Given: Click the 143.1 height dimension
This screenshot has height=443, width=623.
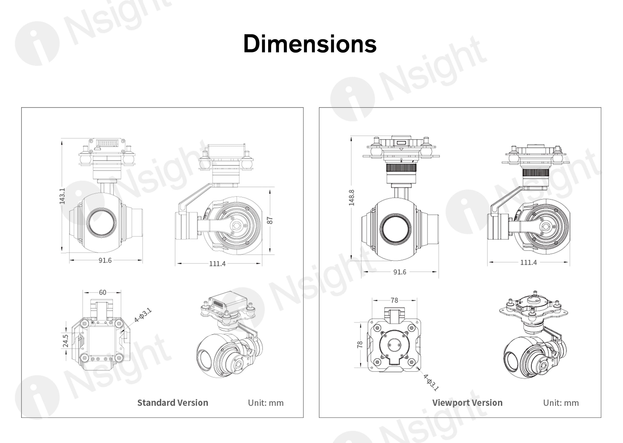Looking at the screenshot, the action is pyautogui.click(x=62, y=196).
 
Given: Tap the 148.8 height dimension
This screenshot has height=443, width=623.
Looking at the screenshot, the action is pyautogui.click(x=351, y=198).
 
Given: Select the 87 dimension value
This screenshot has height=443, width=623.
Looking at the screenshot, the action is pyautogui.click(x=270, y=220).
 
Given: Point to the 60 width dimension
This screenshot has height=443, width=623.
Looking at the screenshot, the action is pyautogui.click(x=102, y=293).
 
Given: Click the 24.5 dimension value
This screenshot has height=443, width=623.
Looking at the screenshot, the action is pyautogui.click(x=66, y=341).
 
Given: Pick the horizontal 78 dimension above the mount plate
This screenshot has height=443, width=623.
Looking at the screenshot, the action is pyautogui.click(x=394, y=300).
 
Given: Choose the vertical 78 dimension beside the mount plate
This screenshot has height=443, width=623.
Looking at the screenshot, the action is pyautogui.click(x=360, y=345).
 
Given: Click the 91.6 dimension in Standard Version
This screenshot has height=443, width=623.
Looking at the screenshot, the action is pyautogui.click(x=105, y=260).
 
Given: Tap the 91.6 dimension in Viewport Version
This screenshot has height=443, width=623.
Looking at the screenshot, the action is pyautogui.click(x=400, y=272).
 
